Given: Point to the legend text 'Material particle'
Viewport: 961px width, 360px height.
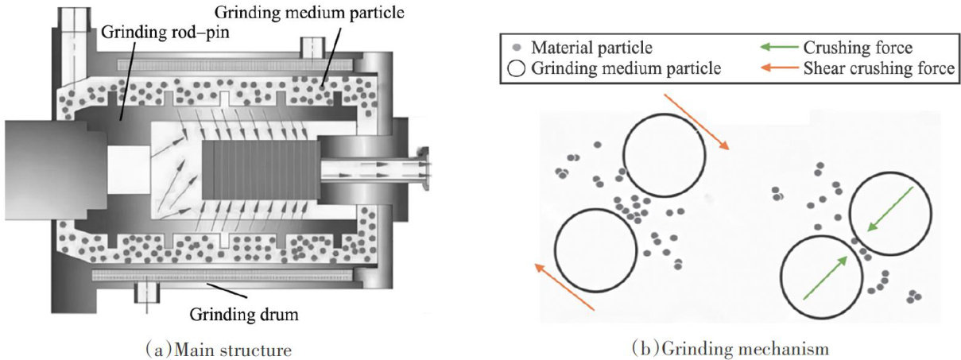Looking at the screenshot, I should click(585, 48).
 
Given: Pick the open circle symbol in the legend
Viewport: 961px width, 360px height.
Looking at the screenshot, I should click(516, 69).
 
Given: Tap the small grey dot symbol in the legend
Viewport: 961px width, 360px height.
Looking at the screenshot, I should click(517, 48).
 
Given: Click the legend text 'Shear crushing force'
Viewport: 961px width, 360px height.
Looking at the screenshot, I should click(878, 69).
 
